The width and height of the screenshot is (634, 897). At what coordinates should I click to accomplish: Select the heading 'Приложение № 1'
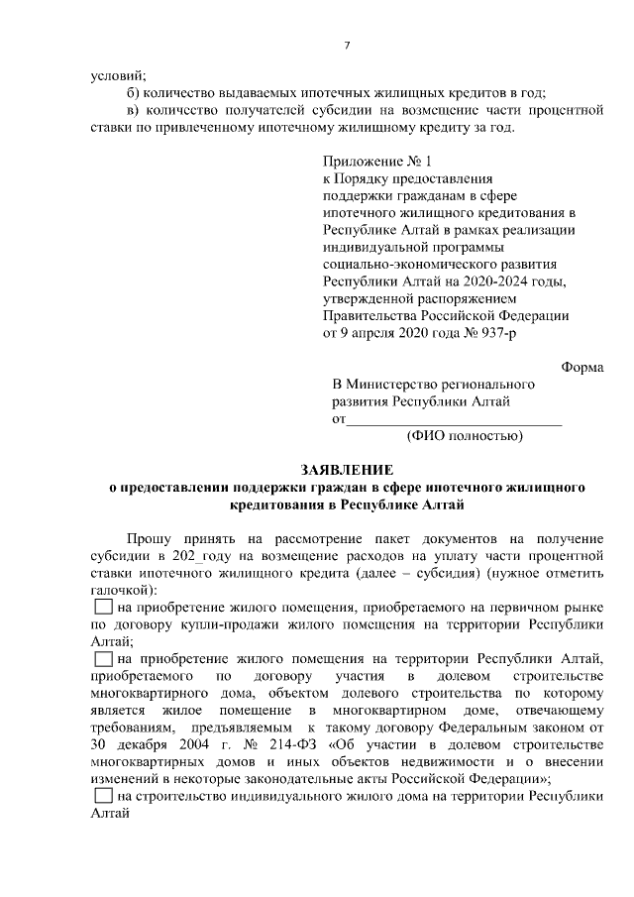pos(377,161)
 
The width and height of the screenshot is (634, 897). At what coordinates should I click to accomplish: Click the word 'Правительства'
pos(372,316)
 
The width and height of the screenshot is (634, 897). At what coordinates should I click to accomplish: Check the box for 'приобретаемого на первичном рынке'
pos(102,607)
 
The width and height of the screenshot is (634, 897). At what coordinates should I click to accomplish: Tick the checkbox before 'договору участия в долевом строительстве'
pos(102,658)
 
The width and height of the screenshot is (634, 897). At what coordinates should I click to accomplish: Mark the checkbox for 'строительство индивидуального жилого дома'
pos(102,796)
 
